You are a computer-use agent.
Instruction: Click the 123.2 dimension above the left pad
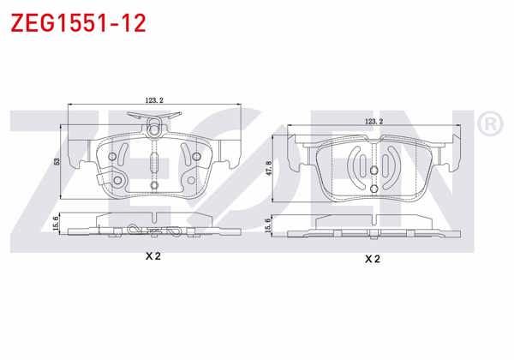click(154, 99)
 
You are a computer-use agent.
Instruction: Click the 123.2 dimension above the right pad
click(374, 122)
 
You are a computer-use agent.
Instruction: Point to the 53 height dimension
click(57, 162)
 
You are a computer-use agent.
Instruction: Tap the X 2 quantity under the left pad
click(154, 255)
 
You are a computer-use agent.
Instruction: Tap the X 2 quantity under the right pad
click(373, 257)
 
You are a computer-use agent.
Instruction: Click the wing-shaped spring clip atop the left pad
click(154, 117)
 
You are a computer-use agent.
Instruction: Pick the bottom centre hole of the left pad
click(154, 184)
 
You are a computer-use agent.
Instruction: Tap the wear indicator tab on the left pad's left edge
click(103, 182)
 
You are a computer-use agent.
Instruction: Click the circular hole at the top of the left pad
click(154, 131)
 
